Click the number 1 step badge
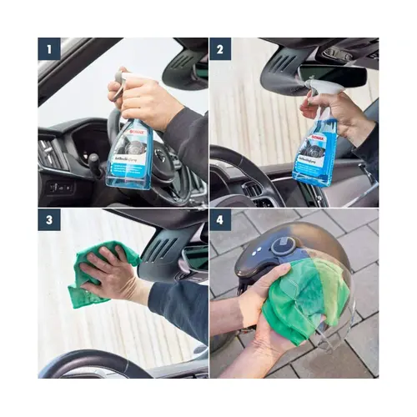coord(49,49)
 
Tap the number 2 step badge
coord(221,49)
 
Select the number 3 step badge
coord(49,221)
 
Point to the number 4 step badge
coord(221,221)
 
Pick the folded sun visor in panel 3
coord(171,250)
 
